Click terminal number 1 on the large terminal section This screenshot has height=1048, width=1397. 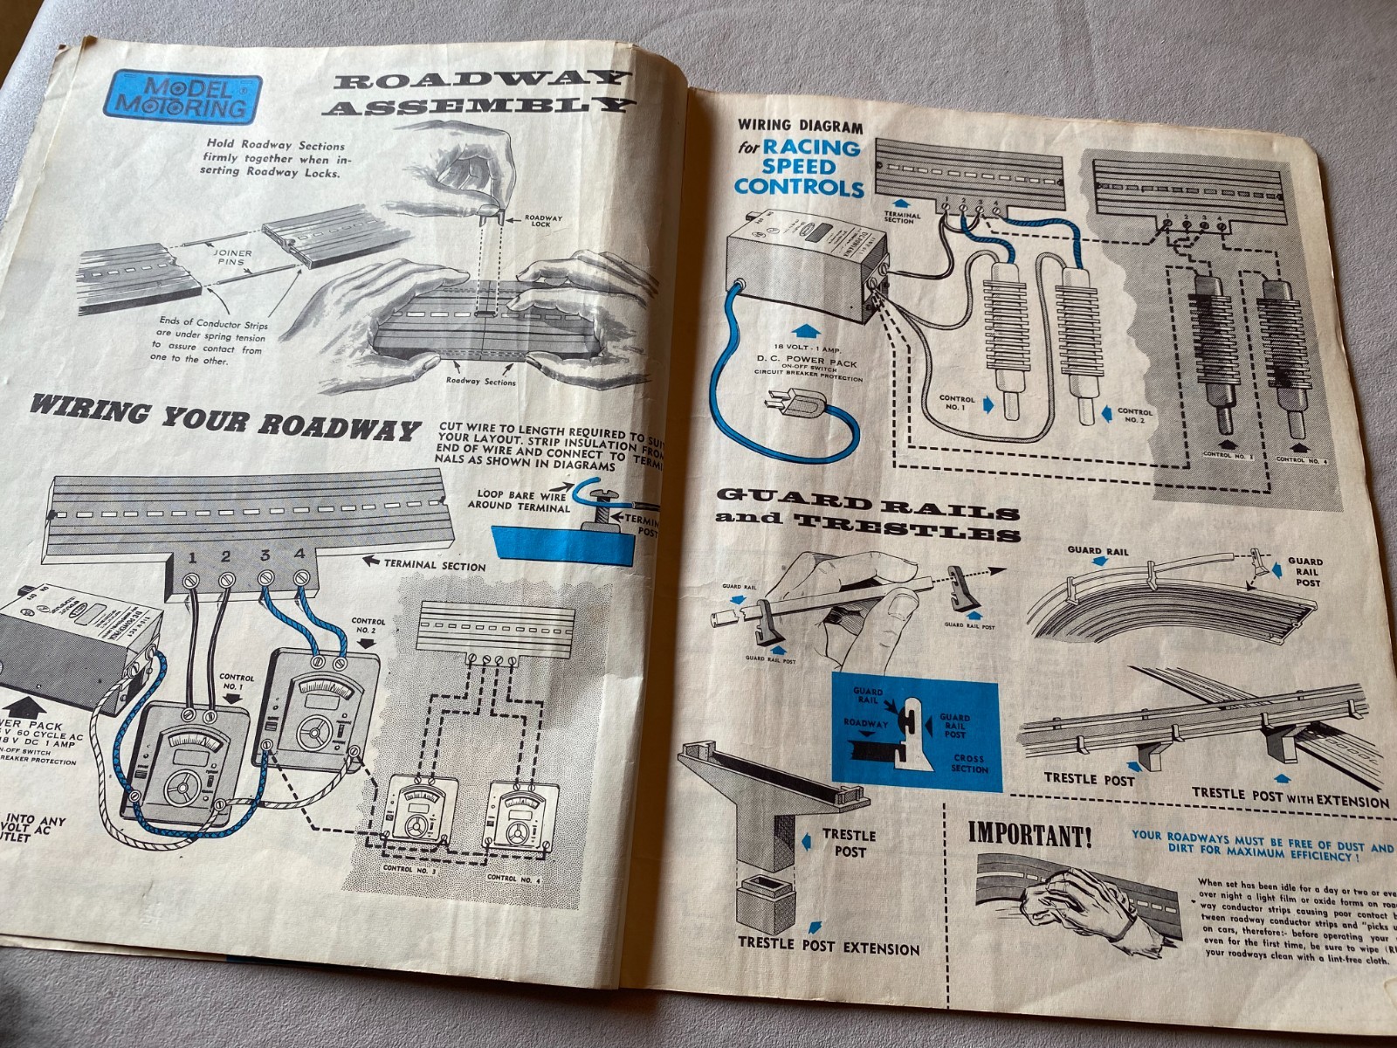pyautogui.click(x=191, y=556)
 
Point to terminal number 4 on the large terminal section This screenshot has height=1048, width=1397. pyautogui.click(x=300, y=555)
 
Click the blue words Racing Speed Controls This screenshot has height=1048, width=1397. pyautogui.click(x=799, y=167)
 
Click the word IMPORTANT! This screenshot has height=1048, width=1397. pyautogui.click(x=1029, y=836)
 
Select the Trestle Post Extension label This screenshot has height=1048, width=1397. pyautogui.click(x=829, y=946)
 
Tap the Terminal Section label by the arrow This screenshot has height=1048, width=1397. pyautogui.click(x=435, y=565)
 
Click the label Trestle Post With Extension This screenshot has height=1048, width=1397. pyautogui.click(x=1290, y=796)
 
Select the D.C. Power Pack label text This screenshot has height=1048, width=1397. pyautogui.click(x=807, y=362)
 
